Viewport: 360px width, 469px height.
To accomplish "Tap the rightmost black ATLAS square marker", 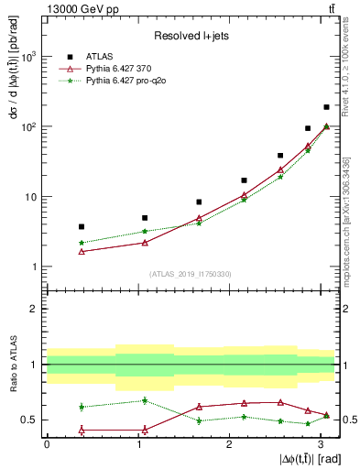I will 326,107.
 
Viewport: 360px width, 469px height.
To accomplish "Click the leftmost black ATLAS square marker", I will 82,226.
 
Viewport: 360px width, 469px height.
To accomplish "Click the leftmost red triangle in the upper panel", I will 82,251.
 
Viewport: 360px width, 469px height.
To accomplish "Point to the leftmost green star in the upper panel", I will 82,243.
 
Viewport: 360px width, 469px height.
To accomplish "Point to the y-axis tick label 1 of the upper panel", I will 34,267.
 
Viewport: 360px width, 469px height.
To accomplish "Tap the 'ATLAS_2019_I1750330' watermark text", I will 190,274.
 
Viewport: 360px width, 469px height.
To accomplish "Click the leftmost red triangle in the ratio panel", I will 82,430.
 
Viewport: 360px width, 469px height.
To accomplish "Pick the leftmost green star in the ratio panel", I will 82,407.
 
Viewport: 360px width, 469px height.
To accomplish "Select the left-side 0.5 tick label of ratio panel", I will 32,420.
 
